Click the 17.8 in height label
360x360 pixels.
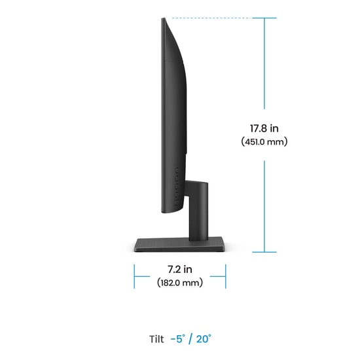click(x=264, y=128)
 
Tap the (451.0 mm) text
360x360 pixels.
click(x=264, y=141)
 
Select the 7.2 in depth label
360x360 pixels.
click(x=180, y=269)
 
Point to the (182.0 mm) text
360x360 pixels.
click(x=180, y=283)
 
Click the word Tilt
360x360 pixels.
click(x=156, y=339)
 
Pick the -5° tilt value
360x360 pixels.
click(x=177, y=339)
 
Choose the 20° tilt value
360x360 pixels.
click(x=204, y=339)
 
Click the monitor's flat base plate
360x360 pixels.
click(x=180, y=245)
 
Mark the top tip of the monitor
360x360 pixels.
click(x=163, y=18)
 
